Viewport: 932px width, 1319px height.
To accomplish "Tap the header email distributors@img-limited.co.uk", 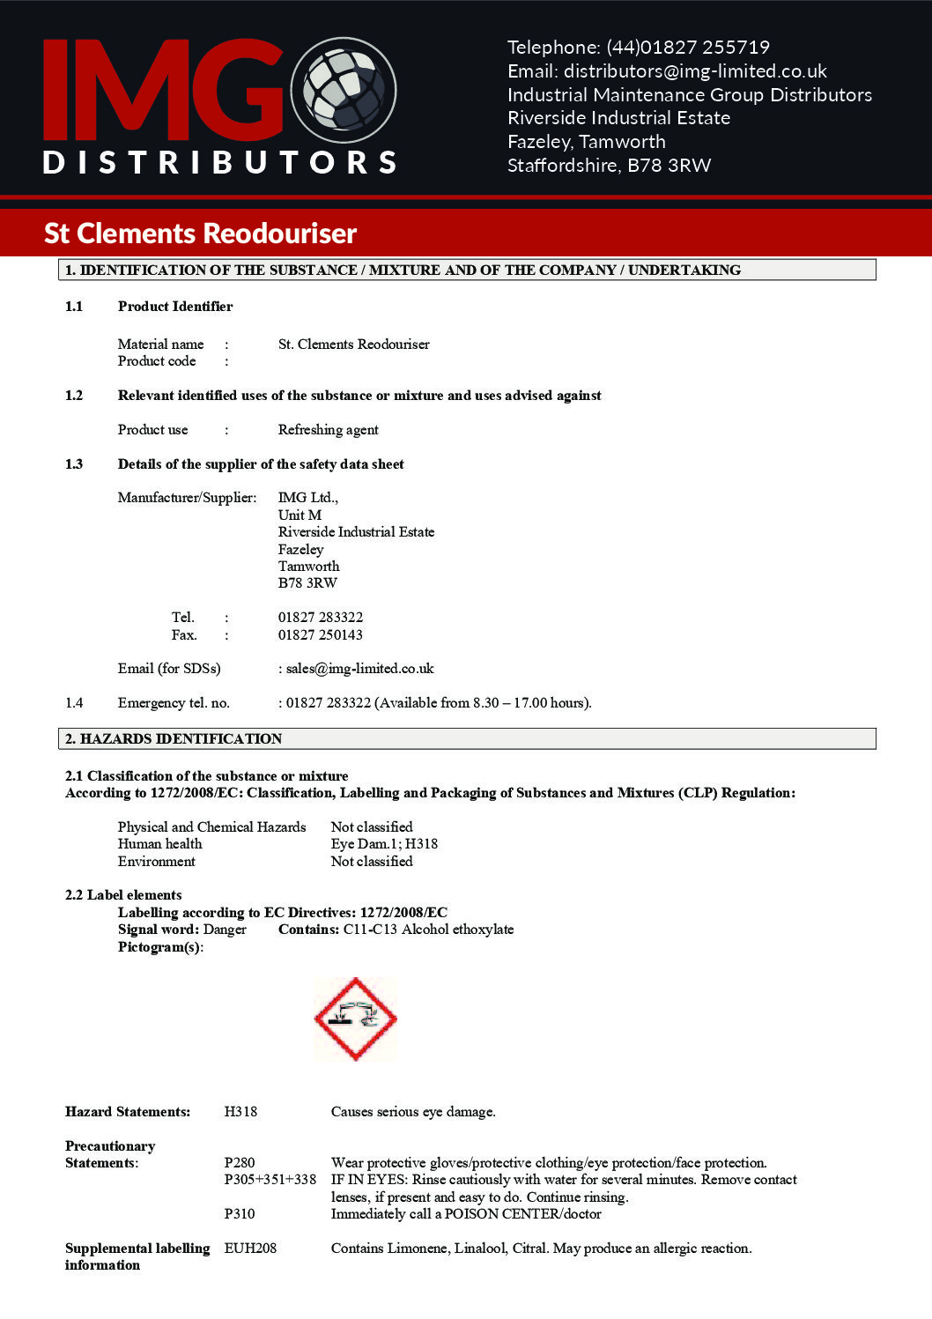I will [x=694, y=71].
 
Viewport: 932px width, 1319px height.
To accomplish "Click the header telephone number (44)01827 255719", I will [x=687, y=48].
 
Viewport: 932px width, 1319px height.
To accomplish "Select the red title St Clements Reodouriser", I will [x=200, y=233].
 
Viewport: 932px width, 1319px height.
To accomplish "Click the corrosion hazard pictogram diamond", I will [x=355, y=1019].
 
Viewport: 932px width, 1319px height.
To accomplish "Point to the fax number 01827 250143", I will [x=320, y=634].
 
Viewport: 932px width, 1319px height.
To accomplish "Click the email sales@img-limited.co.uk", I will [x=359, y=669].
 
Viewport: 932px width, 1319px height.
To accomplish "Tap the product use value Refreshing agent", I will [x=328, y=430].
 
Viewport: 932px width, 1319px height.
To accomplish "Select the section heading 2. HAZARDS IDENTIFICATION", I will [x=173, y=738].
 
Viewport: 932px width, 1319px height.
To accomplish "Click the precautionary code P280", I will [x=239, y=1163].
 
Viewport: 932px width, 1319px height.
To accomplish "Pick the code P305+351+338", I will [x=270, y=1180].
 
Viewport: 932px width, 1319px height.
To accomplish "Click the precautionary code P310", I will [x=239, y=1214].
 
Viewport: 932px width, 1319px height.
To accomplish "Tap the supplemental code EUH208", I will [x=250, y=1249].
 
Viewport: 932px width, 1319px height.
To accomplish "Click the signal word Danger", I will [x=225, y=930].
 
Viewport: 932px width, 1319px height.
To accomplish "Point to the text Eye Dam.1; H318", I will [x=384, y=844].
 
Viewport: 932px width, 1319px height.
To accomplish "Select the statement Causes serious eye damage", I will [x=412, y=1112].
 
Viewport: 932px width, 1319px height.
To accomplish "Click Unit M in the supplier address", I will [x=300, y=515].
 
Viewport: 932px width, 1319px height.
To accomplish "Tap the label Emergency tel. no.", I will [x=174, y=703].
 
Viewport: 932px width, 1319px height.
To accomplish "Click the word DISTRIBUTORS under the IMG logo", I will [x=220, y=162].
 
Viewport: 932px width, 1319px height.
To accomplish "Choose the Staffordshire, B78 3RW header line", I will [x=609, y=166].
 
